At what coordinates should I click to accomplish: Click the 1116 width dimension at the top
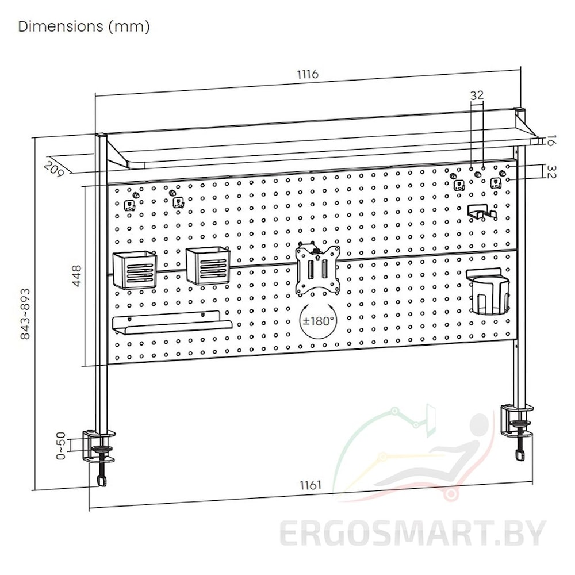(308, 74)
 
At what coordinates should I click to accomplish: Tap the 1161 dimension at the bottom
(310, 485)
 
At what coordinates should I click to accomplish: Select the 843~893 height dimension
(25, 314)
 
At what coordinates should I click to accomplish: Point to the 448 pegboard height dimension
(76, 276)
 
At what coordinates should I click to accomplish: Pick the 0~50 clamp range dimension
(61, 446)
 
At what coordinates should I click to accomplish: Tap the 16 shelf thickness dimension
(550, 140)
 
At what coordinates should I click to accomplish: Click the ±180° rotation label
(319, 321)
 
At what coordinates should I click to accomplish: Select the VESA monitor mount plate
(317, 269)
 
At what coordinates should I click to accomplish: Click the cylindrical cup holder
(488, 292)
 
